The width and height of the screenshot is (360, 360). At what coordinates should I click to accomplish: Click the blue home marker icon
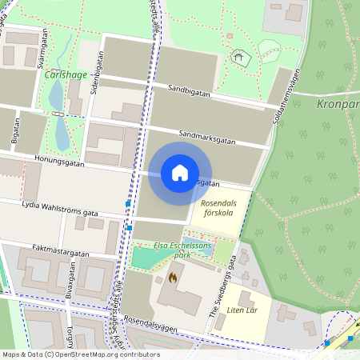click(x=180, y=173)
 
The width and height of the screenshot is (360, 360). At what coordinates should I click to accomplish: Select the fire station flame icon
click(x=172, y=278)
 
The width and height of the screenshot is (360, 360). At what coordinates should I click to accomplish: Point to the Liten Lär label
click(x=241, y=310)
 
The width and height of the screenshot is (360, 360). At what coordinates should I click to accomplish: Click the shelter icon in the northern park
click(x=236, y=57)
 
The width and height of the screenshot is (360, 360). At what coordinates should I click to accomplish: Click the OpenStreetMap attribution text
click(x=80, y=354)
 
